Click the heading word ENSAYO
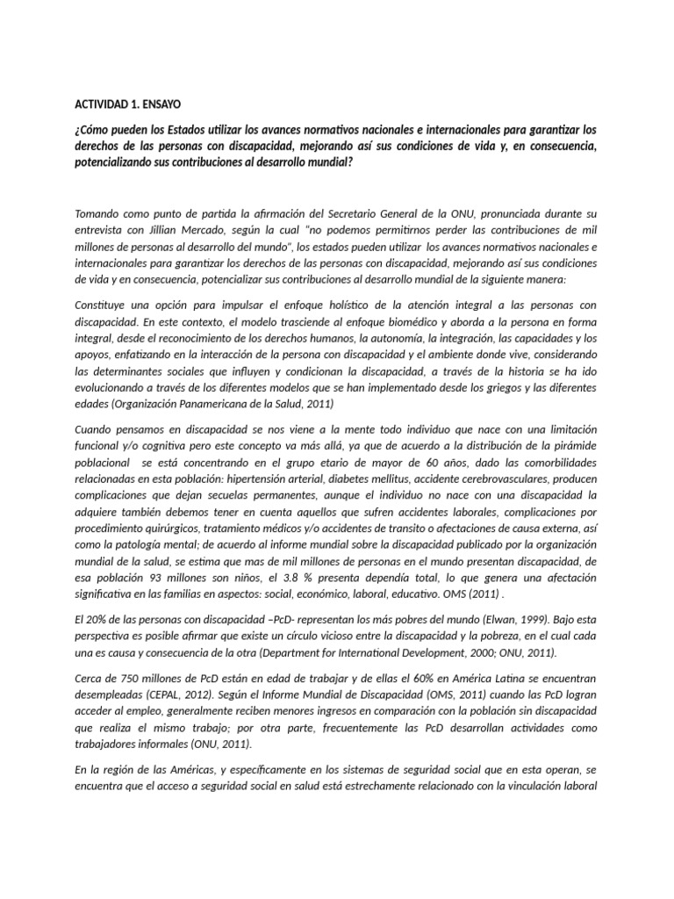tap(160, 104)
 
